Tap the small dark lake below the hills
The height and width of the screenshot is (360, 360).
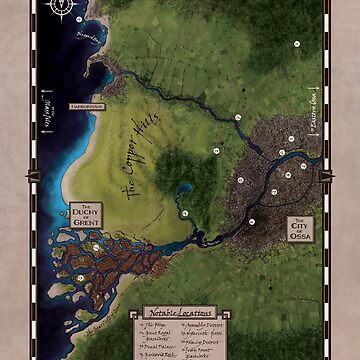coord(186,188)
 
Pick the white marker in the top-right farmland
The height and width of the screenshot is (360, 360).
coord(296,46)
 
